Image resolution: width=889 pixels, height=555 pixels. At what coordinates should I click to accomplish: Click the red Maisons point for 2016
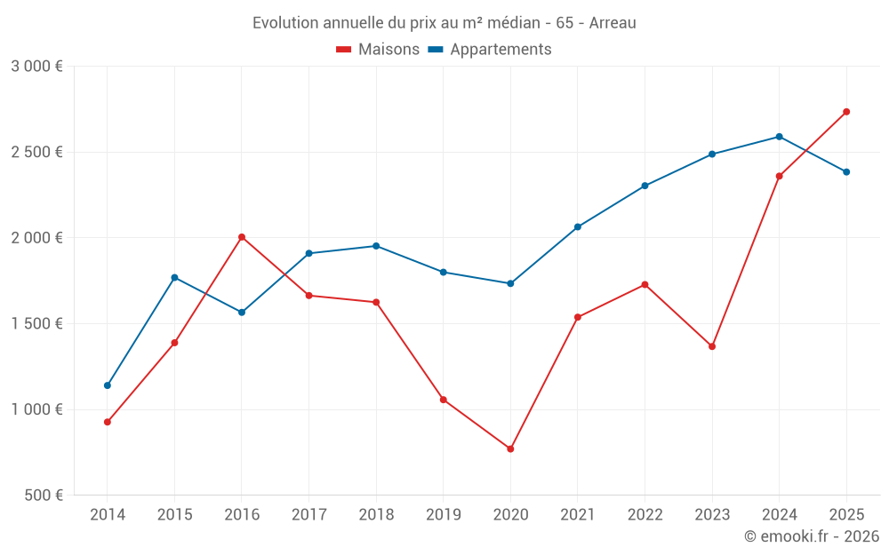pos(242,237)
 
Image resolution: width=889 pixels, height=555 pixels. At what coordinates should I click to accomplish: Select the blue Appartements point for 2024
pos(779,137)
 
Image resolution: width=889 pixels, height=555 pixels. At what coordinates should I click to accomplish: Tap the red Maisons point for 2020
pos(510,449)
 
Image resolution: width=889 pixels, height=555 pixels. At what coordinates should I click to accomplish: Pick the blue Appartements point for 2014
pos(108,385)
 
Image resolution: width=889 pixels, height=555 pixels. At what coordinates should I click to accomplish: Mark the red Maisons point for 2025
pos(846,112)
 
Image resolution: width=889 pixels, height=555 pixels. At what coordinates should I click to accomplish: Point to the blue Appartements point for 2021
pos(578,227)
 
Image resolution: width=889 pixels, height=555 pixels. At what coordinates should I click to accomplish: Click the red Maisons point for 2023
pos(712,346)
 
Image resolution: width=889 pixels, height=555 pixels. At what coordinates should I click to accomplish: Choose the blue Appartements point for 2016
pos(242,313)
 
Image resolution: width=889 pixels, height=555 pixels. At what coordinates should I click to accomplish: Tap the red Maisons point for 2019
pos(444,400)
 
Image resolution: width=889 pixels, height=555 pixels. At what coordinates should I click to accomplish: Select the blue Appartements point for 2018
pos(376,246)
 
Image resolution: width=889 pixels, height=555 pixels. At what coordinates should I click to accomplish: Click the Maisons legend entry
pos(378,50)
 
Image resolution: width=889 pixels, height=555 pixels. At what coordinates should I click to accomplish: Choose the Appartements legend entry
pos(490,50)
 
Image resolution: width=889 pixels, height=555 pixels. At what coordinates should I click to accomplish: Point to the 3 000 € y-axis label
pos(36,67)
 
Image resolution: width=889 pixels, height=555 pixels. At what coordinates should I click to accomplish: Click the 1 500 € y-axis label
pos(36,324)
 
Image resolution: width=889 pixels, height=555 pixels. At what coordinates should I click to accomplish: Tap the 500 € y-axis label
pos(42,496)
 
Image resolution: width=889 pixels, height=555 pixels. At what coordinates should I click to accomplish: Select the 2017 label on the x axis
pos(308,514)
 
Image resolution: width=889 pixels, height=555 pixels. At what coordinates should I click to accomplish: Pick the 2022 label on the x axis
pos(645,514)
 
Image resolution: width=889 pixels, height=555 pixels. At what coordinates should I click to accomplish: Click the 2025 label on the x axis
pos(846,514)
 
